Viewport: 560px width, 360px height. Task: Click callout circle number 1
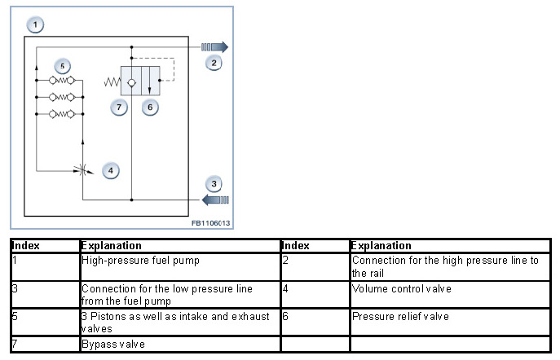click(35, 24)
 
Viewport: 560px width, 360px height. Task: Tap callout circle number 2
click(214, 62)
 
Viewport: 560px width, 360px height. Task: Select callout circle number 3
click(214, 183)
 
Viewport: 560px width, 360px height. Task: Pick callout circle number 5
click(61, 65)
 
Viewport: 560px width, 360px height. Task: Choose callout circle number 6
click(149, 106)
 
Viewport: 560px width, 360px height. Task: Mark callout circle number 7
click(119, 106)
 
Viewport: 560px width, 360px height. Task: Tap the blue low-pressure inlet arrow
click(214, 199)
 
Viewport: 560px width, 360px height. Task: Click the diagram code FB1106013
click(210, 222)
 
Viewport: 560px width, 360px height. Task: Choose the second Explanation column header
click(381, 245)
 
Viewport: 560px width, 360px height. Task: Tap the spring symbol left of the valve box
click(112, 81)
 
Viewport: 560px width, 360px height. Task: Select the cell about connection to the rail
click(445, 266)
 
